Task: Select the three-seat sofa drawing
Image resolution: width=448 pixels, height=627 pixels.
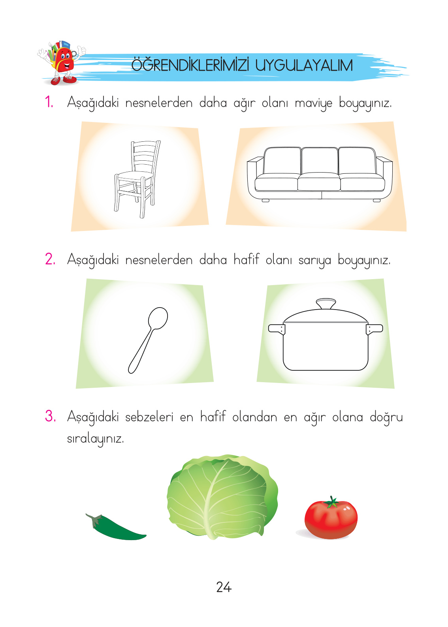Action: (319, 174)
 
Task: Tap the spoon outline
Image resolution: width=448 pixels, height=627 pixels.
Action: (148, 340)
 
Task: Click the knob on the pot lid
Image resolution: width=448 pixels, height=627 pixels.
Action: (326, 304)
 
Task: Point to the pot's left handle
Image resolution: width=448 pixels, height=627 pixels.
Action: (276, 329)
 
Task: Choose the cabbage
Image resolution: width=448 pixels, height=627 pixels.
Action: (222, 496)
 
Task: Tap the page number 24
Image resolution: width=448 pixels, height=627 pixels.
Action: (224, 587)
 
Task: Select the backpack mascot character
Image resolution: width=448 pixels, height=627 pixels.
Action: (62, 62)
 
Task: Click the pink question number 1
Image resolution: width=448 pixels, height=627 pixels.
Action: (49, 102)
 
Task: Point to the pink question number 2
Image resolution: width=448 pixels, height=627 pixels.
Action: (50, 259)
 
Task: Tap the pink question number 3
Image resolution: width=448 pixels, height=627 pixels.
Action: (50, 416)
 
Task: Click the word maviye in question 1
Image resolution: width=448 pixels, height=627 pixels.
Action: (313, 103)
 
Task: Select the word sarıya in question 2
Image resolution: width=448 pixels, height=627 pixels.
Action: (314, 261)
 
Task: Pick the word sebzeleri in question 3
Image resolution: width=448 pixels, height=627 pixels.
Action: (149, 417)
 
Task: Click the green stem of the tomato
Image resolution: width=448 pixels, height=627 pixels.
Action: (331, 502)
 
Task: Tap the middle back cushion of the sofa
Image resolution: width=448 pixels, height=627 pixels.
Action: (319, 160)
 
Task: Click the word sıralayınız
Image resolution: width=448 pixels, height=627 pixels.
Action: (95, 439)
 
